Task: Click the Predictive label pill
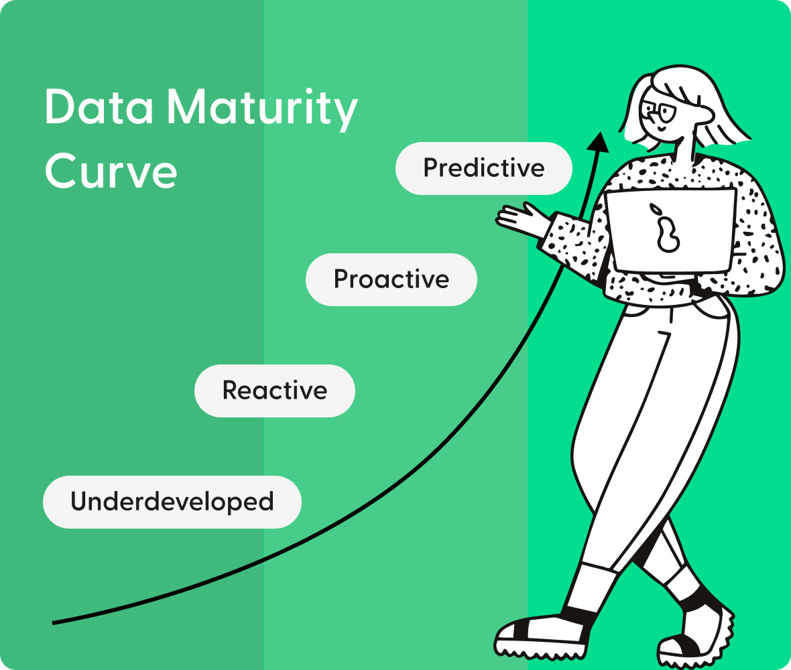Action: click(x=483, y=168)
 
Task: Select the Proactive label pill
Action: click(x=391, y=279)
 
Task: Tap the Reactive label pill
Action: click(x=274, y=391)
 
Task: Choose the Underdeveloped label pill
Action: click(x=172, y=502)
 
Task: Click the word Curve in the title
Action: click(x=111, y=172)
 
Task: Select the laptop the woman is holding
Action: click(x=670, y=231)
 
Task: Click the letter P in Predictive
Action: click(x=431, y=168)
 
